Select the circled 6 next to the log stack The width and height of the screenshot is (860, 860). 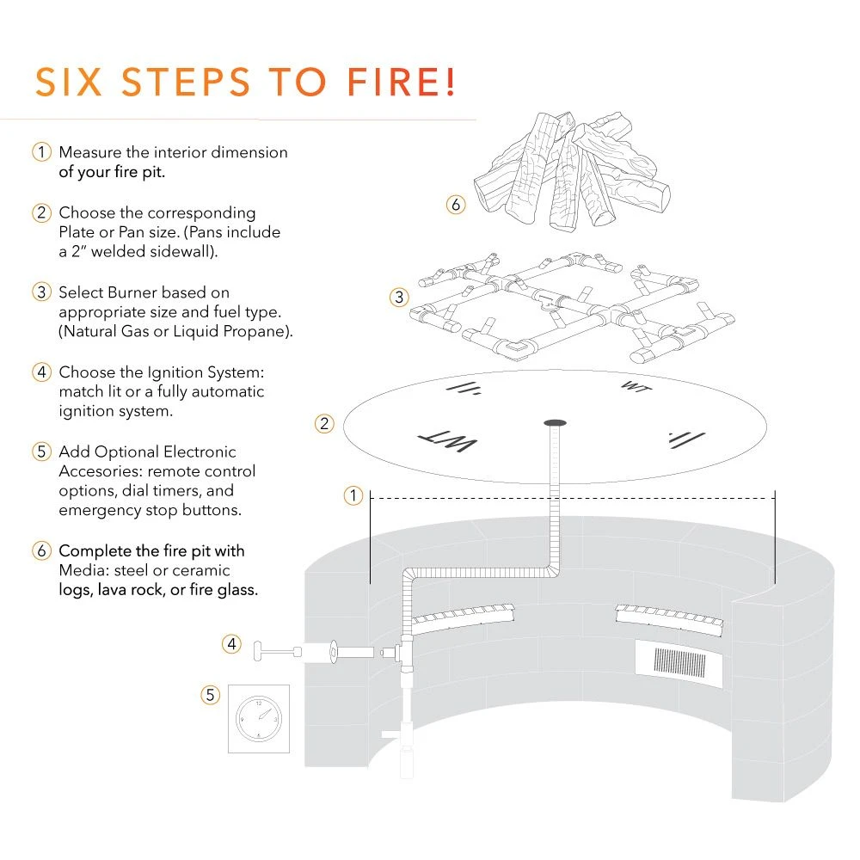(x=456, y=205)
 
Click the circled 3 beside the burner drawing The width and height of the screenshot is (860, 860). (x=398, y=298)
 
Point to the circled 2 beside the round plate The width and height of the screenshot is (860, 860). (x=324, y=423)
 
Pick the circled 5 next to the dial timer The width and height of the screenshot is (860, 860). (x=211, y=695)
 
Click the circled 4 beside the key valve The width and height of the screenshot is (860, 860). (x=231, y=642)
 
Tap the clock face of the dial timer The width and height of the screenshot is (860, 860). (x=258, y=719)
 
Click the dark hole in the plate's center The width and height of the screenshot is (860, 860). (x=555, y=422)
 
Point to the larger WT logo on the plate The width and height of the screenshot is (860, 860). (x=447, y=442)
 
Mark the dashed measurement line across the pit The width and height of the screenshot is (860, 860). (x=572, y=497)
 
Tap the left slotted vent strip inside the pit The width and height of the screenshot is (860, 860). (x=463, y=615)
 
